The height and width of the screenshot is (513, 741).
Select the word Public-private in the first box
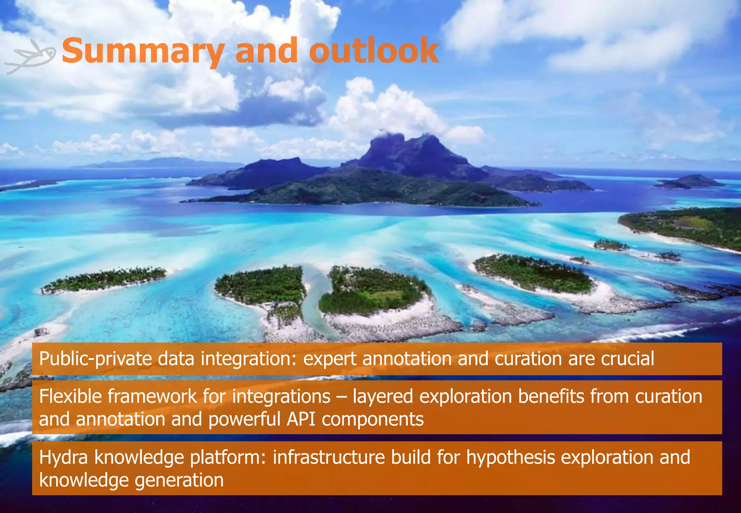click(x=95, y=359)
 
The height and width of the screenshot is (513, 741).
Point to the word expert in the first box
click(x=330, y=359)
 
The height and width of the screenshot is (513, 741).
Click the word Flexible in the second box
click(x=70, y=396)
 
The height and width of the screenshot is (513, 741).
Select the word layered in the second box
click(x=382, y=397)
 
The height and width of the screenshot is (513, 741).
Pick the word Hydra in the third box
click(x=63, y=457)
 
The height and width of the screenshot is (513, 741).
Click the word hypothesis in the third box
click(x=510, y=457)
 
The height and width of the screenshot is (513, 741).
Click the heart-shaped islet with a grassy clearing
click(x=373, y=293)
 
